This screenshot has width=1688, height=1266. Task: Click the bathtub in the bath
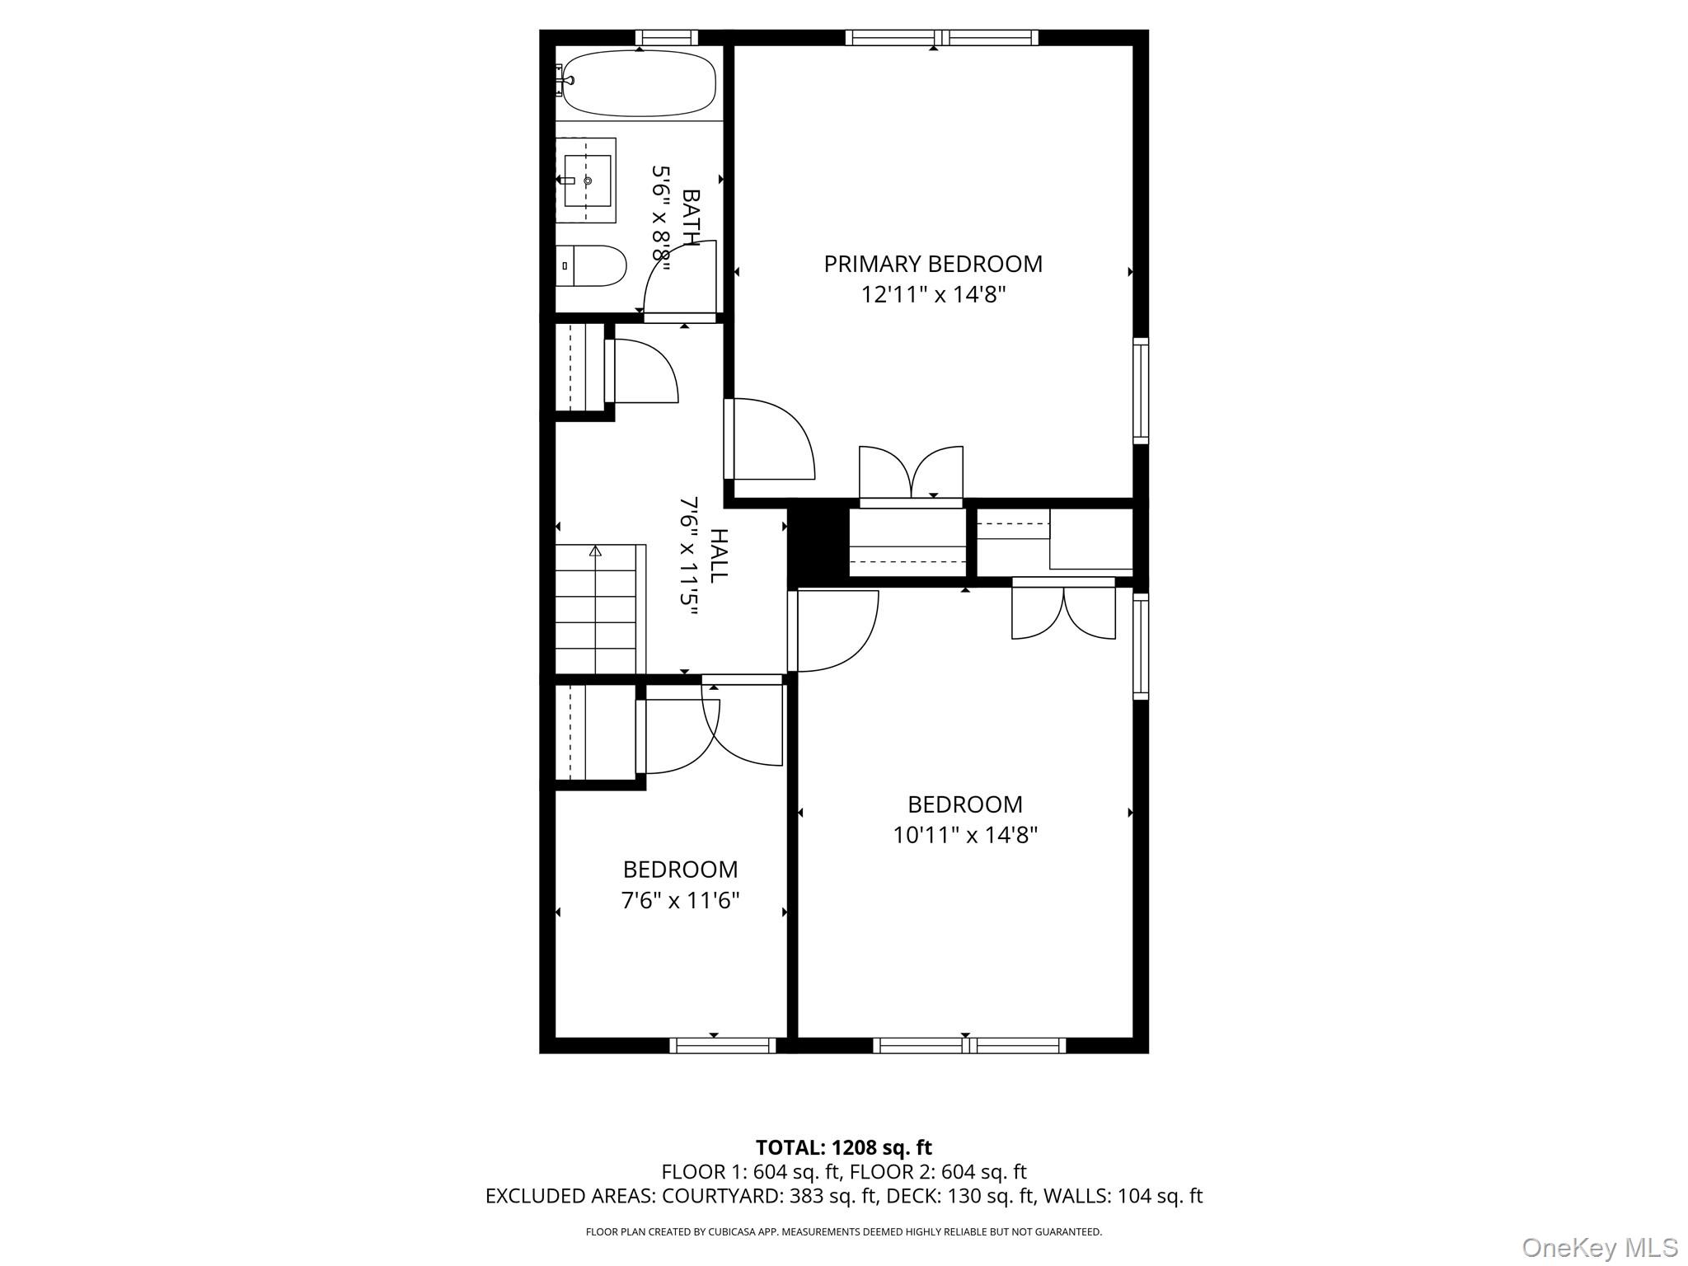tap(639, 82)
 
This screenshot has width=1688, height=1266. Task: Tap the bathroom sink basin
tap(587, 181)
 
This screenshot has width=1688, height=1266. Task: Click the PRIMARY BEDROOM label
tap(933, 264)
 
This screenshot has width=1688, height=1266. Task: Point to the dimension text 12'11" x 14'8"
tap(933, 294)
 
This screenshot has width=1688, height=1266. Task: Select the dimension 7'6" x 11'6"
tap(680, 900)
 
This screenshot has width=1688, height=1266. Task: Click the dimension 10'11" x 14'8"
tap(964, 835)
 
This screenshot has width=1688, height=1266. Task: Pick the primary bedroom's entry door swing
tap(771, 439)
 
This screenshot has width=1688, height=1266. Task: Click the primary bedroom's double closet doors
tap(911, 473)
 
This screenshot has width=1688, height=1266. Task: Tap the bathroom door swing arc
tap(679, 277)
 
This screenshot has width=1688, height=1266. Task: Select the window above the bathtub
tap(666, 37)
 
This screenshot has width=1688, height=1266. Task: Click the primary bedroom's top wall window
tap(941, 37)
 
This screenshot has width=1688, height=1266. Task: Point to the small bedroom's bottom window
tap(723, 1045)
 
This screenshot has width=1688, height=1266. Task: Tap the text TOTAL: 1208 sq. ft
tap(843, 1147)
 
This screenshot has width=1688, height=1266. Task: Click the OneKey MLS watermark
tap(1599, 1247)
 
